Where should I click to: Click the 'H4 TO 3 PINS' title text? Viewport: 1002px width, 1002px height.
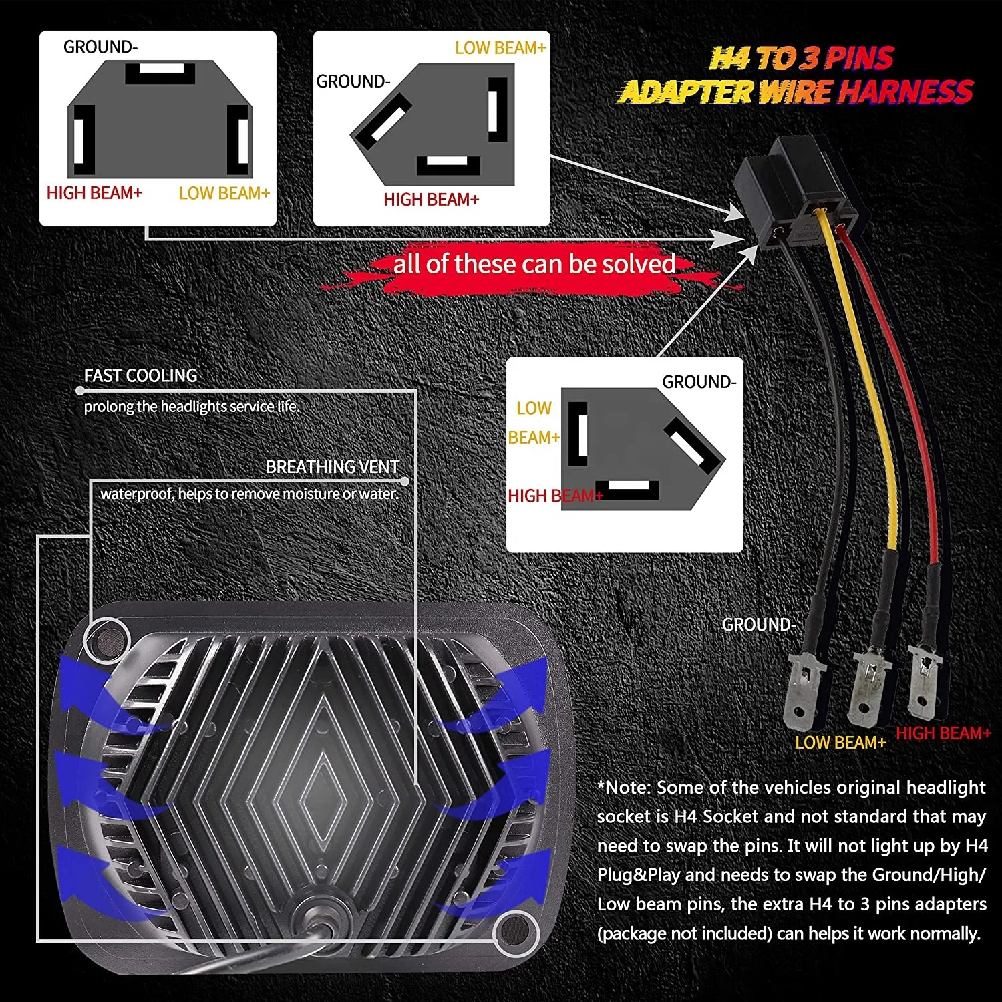click(x=801, y=59)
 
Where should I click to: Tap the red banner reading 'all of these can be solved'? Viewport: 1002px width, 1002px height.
click(x=534, y=265)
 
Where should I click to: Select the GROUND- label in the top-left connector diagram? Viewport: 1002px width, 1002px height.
click(x=100, y=47)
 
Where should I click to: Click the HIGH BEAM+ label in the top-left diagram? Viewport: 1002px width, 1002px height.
click(x=94, y=193)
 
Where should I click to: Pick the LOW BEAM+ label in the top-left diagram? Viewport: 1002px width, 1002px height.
click(x=224, y=193)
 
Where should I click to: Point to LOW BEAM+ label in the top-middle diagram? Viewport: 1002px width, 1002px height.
click(x=500, y=48)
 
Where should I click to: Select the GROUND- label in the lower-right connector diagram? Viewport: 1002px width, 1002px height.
click(x=699, y=382)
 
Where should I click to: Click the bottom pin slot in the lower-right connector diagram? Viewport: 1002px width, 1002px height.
click(x=627, y=489)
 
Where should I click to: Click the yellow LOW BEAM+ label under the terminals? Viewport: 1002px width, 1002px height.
click(x=840, y=743)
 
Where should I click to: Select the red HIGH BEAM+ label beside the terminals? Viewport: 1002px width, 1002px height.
click(x=943, y=733)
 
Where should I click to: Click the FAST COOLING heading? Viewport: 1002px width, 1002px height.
click(x=140, y=376)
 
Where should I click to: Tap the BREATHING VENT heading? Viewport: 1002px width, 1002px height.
click(x=332, y=467)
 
